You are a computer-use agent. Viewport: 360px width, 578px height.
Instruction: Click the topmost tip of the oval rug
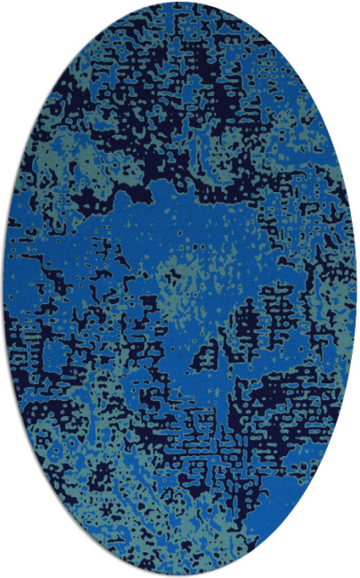click(x=180, y=3)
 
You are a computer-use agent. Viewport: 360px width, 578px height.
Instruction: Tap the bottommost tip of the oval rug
click(x=180, y=575)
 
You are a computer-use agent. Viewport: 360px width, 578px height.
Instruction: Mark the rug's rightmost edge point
click(x=356, y=289)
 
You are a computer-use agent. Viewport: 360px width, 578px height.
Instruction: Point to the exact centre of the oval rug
click(x=180, y=289)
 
